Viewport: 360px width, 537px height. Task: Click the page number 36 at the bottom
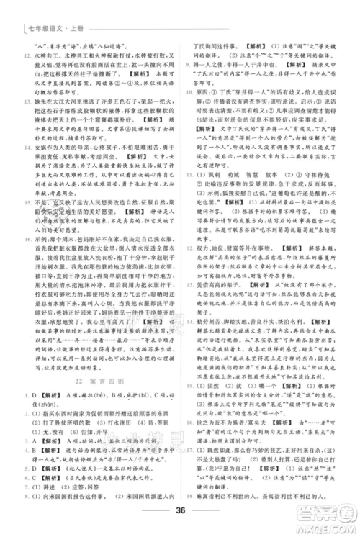click(180, 513)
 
